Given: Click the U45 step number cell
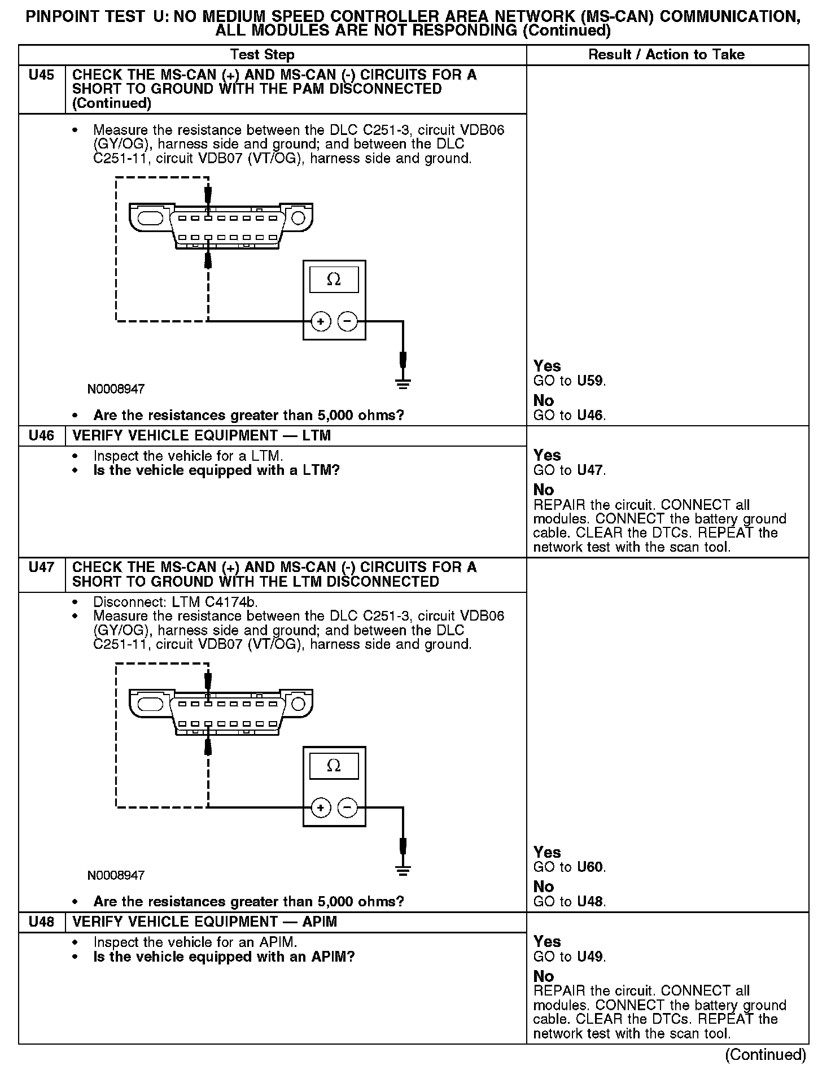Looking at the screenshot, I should coord(41,75).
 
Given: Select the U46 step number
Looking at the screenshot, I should coord(41,435).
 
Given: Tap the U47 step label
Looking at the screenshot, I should coord(41,567).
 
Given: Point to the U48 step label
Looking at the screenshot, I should coord(41,922).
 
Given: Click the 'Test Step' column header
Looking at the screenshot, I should coord(262,55).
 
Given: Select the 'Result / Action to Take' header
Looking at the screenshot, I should coord(666,55).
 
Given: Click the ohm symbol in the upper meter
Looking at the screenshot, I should coord(334,280).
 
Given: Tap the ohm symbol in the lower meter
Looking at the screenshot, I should coord(334,766).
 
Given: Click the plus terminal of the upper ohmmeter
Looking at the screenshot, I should coord(321,322).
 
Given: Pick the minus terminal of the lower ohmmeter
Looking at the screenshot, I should coord(348,807).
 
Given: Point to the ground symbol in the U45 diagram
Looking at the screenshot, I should coord(403,385).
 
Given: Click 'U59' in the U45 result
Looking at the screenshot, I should coord(591,381).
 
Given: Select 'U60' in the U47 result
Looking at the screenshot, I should coord(591,867).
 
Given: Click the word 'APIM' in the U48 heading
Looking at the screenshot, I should coord(320,922).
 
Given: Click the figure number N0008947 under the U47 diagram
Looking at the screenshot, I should coord(116,875).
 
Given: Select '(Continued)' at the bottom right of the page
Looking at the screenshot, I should coord(766,1055).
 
